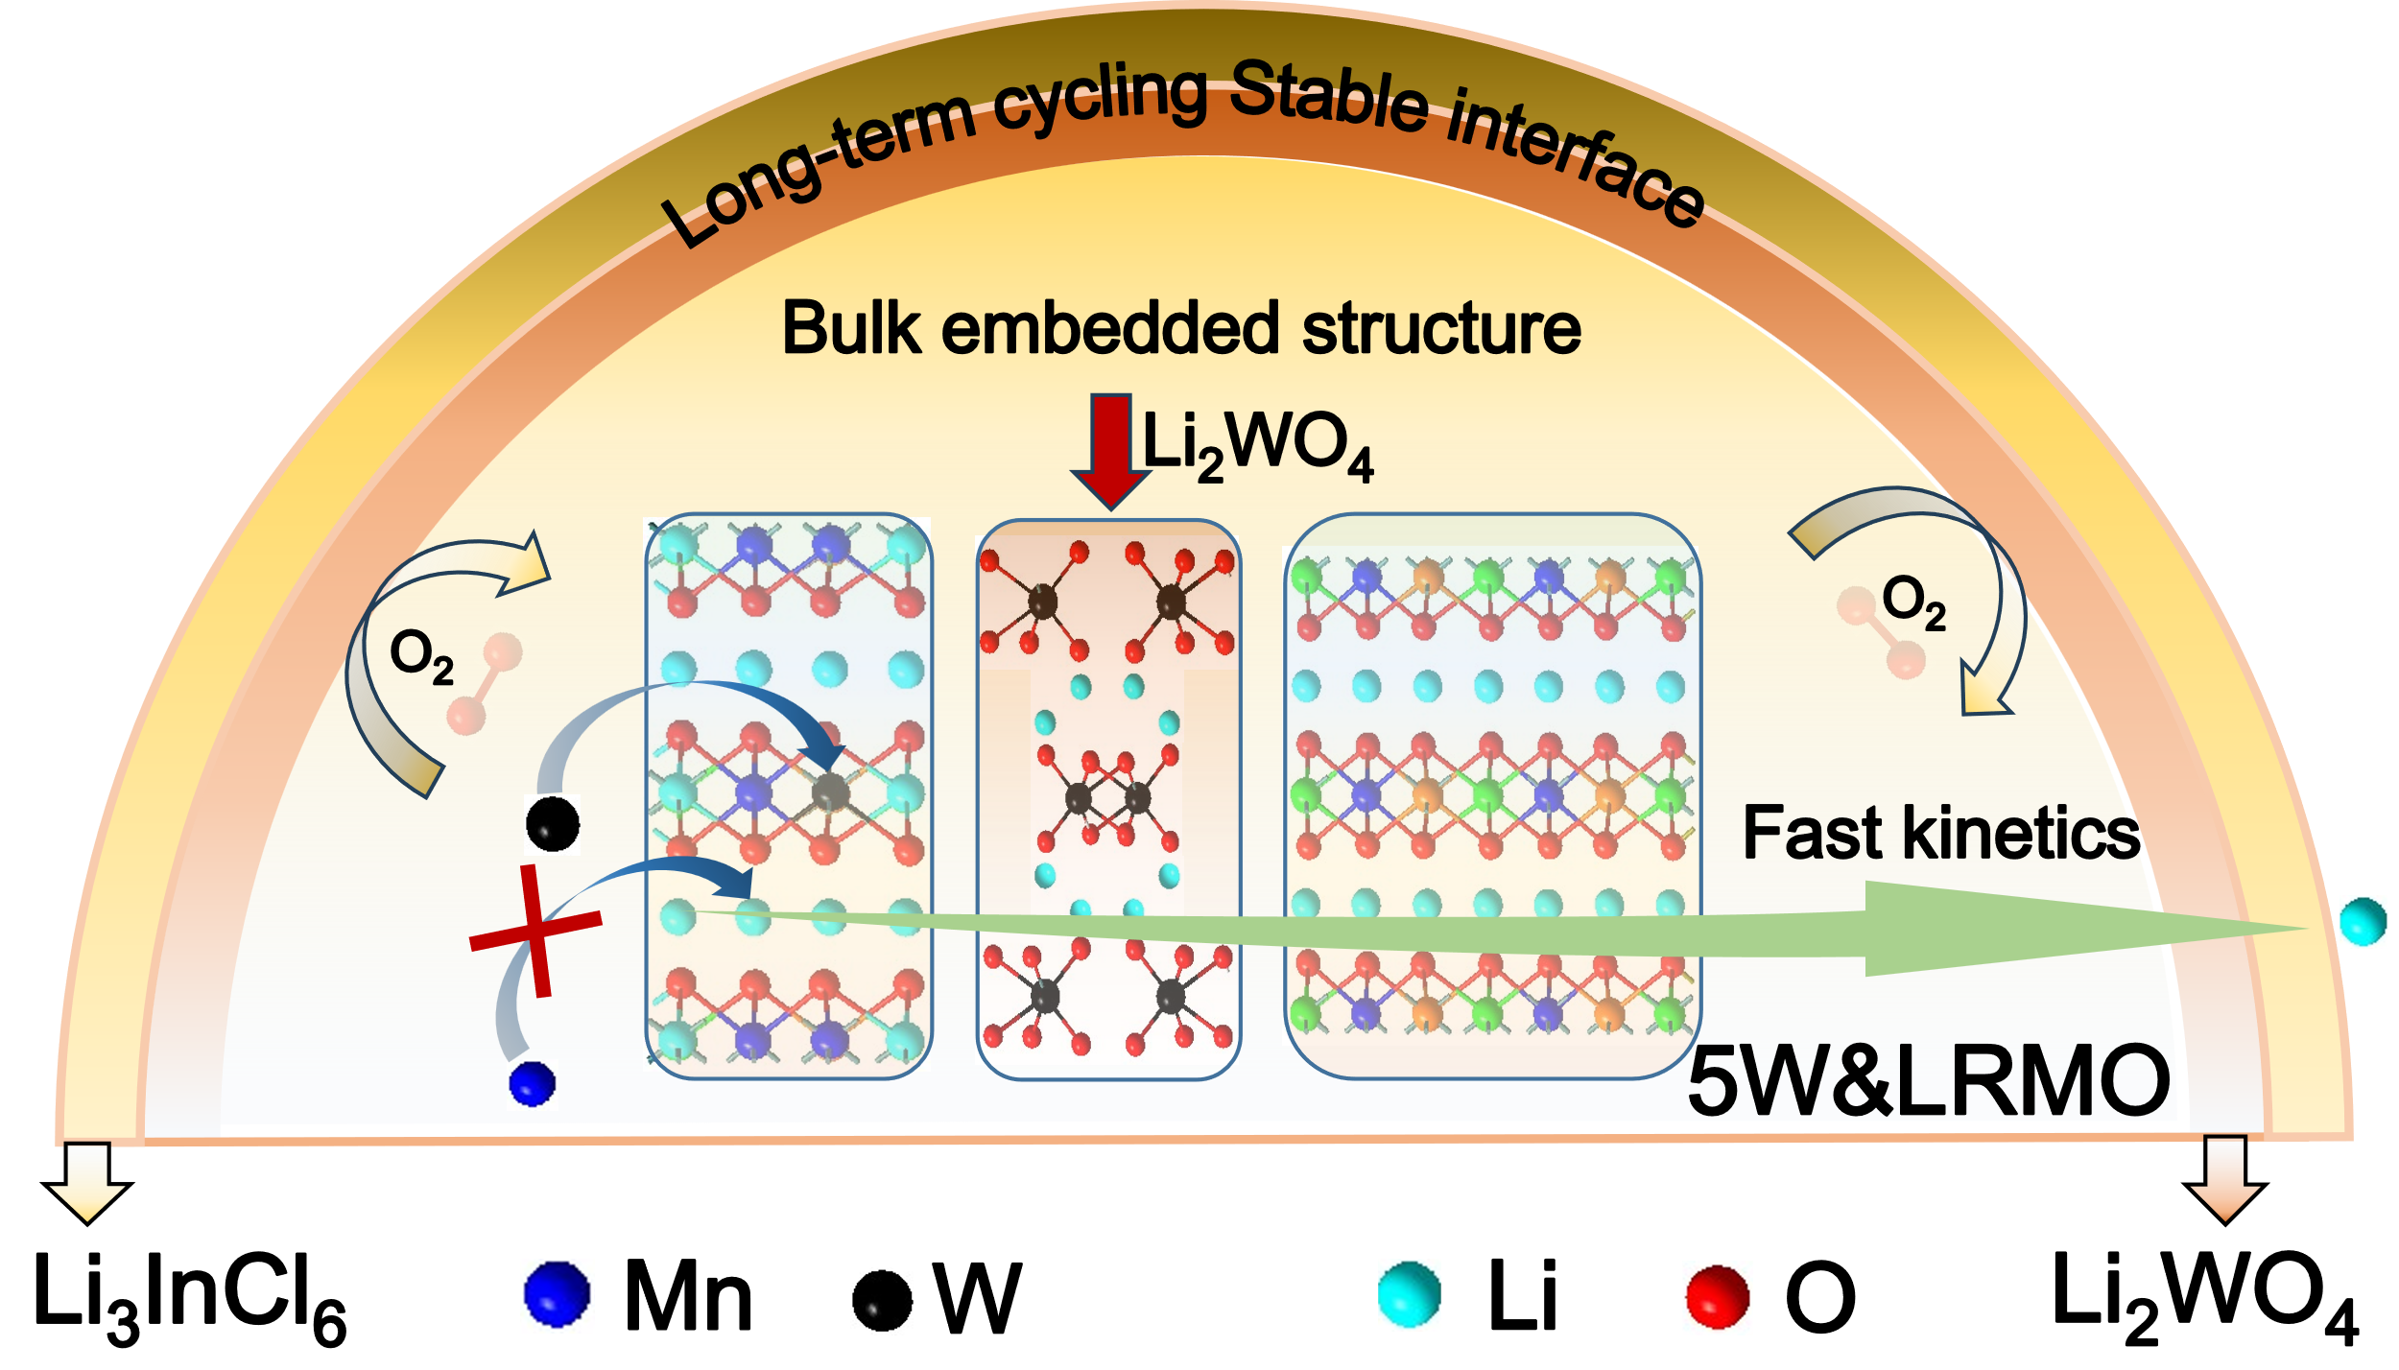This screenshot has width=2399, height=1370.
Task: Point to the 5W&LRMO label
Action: point(1929,1082)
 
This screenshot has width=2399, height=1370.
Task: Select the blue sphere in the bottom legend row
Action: point(557,1295)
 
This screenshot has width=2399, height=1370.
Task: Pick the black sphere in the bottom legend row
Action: point(881,1301)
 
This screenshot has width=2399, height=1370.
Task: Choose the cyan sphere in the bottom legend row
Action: point(1409,1295)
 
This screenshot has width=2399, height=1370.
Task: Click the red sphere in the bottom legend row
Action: point(1717,1298)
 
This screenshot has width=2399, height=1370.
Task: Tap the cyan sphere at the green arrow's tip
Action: point(2363,922)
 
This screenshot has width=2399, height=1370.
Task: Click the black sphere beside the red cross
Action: point(553,823)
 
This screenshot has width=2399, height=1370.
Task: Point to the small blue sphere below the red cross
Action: point(532,1084)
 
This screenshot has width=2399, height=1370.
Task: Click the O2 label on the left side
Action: point(421,657)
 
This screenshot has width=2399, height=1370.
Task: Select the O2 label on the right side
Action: point(1913,602)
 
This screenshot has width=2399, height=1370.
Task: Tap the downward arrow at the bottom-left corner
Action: point(87,1180)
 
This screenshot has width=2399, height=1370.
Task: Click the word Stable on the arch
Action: point(1329,96)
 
